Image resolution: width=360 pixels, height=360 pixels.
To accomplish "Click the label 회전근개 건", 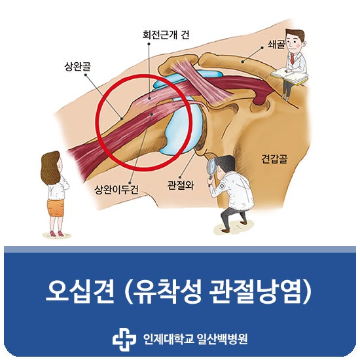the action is pyautogui.click(x=166, y=35).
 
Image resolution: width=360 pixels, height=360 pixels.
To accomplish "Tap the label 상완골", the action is pyautogui.click(x=78, y=67).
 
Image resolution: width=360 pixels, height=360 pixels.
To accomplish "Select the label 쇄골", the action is pyautogui.click(x=276, y=44).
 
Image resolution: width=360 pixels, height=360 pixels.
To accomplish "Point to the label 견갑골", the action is pyautogui.click(x=275, y=159).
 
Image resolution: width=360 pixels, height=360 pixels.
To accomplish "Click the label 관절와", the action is pyautogui.click(x=181, y=185).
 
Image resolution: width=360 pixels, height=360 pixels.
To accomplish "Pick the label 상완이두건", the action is pyautogui.click(x=117, y=190).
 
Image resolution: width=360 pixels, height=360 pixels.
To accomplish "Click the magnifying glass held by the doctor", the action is pyautogui.click(x=211, y=166).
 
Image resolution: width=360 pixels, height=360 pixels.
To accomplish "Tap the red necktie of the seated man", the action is pyautogui.click(x=292, y=59).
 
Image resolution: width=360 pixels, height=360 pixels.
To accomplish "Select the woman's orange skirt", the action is pyautogui.click(x=56, y=207).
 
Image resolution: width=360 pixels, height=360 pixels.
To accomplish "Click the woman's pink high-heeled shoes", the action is pyautogui.click(x=56, y=234).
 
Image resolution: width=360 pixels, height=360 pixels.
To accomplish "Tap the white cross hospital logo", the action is pyautogui.click(x=124, y=339).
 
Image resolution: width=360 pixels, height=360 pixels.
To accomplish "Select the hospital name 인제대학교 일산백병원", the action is pyautogui.click(x=195, y=339).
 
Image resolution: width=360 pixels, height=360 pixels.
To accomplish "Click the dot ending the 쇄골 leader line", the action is pyautogui.click(x=262, y=48).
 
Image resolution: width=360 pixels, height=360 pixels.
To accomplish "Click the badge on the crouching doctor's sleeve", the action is pyautogui.click(x=222, y=185).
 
